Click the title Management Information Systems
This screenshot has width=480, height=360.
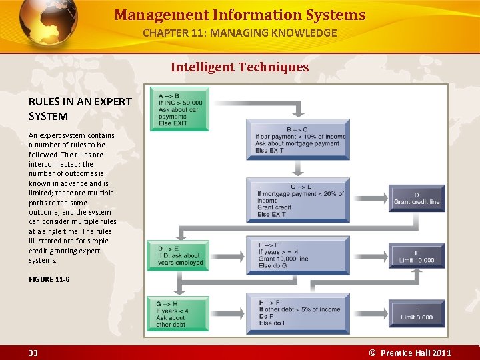240,15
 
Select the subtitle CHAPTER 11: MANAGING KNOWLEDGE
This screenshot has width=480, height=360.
240,33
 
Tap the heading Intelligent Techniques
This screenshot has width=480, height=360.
239,67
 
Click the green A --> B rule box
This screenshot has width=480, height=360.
179,109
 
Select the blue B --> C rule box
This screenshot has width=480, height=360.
297,140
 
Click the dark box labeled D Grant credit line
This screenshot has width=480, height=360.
417,198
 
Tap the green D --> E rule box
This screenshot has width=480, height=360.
179,255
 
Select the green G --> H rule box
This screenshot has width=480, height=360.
178,313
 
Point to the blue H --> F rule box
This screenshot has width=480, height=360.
297,313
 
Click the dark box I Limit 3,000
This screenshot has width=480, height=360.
417,313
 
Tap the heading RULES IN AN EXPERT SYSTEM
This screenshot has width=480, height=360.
80,109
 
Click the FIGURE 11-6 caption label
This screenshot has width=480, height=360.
49,279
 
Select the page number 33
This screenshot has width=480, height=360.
33,353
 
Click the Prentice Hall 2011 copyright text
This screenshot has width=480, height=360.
410,353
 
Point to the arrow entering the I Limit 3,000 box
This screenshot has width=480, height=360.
369,314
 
